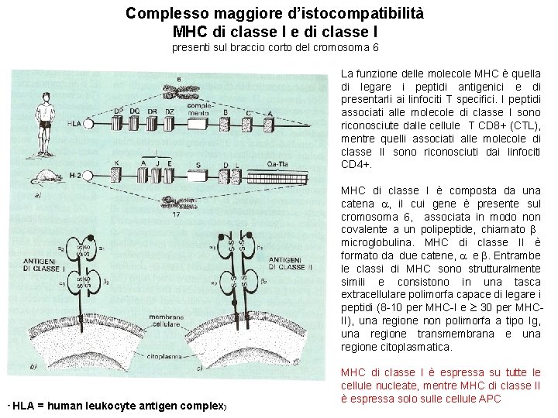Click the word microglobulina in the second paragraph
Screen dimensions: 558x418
click(379, 242)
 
